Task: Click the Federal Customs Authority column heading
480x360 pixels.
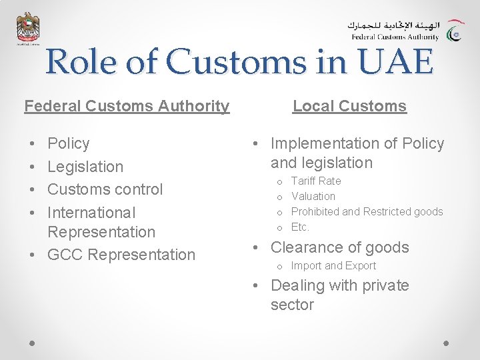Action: (x=127, y=105)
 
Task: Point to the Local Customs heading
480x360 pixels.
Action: (x=349, y=105)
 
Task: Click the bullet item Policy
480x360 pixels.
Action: (x=69, y=143)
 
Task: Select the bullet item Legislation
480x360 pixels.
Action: (x=85, y=167)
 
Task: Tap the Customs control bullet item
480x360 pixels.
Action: (x=105, y=189)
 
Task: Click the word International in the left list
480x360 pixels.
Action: (x=91, y=213)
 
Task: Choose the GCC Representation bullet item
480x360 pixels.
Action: (x=121, y=255)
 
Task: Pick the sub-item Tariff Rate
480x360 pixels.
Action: (x=316, y=181)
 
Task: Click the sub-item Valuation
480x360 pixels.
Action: (x=313, y=196)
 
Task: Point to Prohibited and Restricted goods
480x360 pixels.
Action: (x=367, y=211)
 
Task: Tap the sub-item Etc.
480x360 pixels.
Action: (x=300, y=227)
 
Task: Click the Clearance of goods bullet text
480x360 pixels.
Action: (x=339, y=247)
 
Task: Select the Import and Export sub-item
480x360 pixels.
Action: (x=333, y=265)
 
